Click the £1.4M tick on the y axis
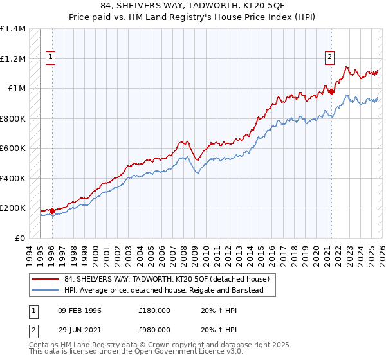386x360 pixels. coord(13,29)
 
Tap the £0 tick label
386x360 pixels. coord(19,238)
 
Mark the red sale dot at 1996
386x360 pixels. coord(52,211)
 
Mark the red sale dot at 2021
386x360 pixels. coord(332,91)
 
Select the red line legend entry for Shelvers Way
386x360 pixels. coord(170,280)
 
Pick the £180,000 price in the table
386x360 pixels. coord(154,310)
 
